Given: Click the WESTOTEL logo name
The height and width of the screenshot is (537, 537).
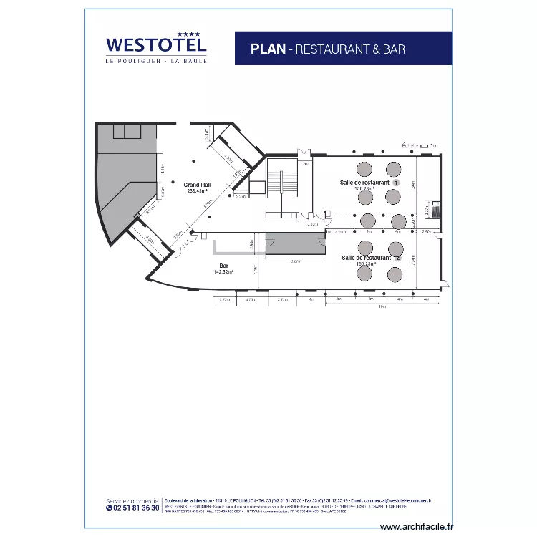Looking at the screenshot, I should coord(156,45).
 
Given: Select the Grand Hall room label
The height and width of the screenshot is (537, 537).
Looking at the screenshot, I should coord(197,184).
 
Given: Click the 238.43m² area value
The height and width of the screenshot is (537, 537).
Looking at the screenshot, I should coord(197,191).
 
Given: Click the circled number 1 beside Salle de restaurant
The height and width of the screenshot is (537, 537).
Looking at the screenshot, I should coord(395,183).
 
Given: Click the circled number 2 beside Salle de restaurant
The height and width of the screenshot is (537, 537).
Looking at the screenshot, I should coord(398,258).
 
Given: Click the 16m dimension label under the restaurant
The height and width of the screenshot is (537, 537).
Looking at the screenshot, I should coord(382,306).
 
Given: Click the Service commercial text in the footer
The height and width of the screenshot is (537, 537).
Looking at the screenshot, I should coord(132,500).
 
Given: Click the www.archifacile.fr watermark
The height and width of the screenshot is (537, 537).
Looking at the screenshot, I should coord(417,526).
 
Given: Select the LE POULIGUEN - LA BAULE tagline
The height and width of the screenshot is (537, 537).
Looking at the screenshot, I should coord(156,61).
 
